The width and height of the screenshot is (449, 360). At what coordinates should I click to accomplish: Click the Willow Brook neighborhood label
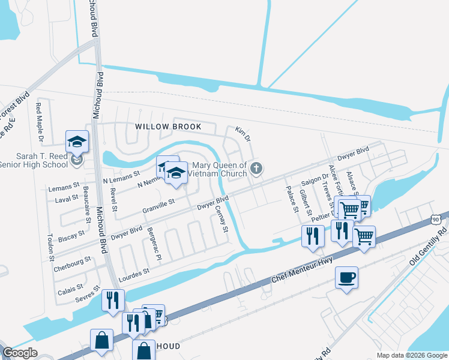167,127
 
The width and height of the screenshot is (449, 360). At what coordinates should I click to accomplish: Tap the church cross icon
256,169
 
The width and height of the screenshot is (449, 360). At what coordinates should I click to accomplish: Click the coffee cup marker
346,278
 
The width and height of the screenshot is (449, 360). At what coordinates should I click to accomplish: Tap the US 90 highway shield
435,221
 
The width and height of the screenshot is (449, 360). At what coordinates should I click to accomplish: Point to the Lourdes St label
135,273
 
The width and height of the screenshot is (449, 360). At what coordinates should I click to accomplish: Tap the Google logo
19,353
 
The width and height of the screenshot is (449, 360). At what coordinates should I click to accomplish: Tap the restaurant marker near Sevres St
113,300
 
